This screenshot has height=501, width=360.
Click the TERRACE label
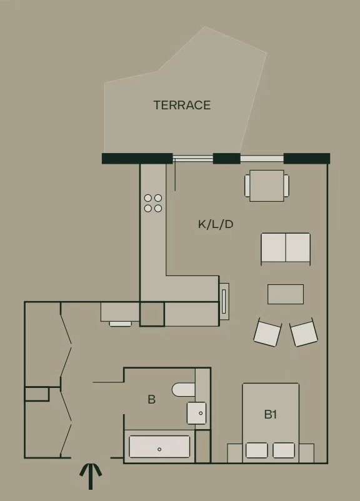point(182,105)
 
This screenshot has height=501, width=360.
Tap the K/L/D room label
point(216,224)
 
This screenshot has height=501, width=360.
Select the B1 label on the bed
point(271,414)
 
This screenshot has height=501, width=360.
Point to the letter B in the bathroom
point(151,399)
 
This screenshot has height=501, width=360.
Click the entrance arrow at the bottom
point(91,476)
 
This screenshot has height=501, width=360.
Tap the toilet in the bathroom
point(184,390)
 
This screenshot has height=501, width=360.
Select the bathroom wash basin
point(196,413)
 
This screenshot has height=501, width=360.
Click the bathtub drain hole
point(159,449)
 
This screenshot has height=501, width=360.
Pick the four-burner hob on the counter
point(153,203)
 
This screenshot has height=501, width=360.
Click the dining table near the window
point(267,186)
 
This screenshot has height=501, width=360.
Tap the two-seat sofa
point(286,249)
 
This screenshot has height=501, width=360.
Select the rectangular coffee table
point(286,294)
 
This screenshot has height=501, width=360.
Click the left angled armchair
point(267,332)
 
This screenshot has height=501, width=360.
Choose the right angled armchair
point(303,332)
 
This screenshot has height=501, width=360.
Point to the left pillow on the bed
point(257,450)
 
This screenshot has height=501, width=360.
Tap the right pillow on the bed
point(284,450)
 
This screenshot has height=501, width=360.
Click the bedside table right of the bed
point(307,453)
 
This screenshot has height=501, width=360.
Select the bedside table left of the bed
point(234,453)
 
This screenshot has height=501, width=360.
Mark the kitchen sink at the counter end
point(224,301)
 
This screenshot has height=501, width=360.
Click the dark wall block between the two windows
point(227,158)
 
